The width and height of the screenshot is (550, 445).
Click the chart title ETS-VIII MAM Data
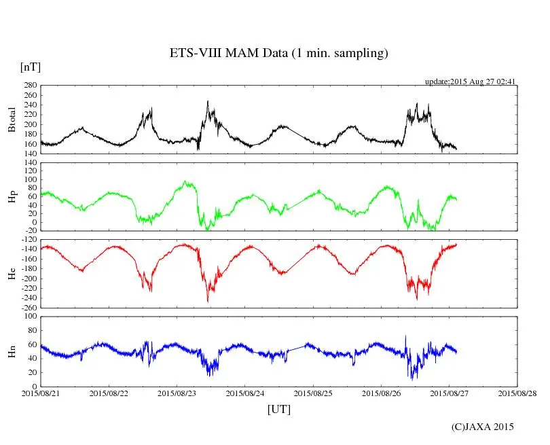[x=278, y=54]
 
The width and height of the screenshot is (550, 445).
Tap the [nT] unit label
[x=30, y=67]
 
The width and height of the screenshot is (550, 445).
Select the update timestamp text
[x=471, y=82]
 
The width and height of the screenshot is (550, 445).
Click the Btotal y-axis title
[x=12, y=120]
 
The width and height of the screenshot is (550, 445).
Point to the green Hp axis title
[x=12, y=197]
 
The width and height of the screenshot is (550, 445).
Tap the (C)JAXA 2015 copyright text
[x=483, y=427]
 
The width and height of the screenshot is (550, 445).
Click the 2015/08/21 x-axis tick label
[x=41, y=393]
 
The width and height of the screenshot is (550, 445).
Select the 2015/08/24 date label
[x=245, y=393]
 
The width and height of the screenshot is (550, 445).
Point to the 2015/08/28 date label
[x=517, y=393]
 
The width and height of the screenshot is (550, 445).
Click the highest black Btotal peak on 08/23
[x=208, y=101]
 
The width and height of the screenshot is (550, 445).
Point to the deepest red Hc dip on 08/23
[x=208, y=301]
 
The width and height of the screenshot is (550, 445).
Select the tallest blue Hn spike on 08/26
[x=406, y=336]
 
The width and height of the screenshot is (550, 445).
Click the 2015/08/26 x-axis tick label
[x=382, y=393]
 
